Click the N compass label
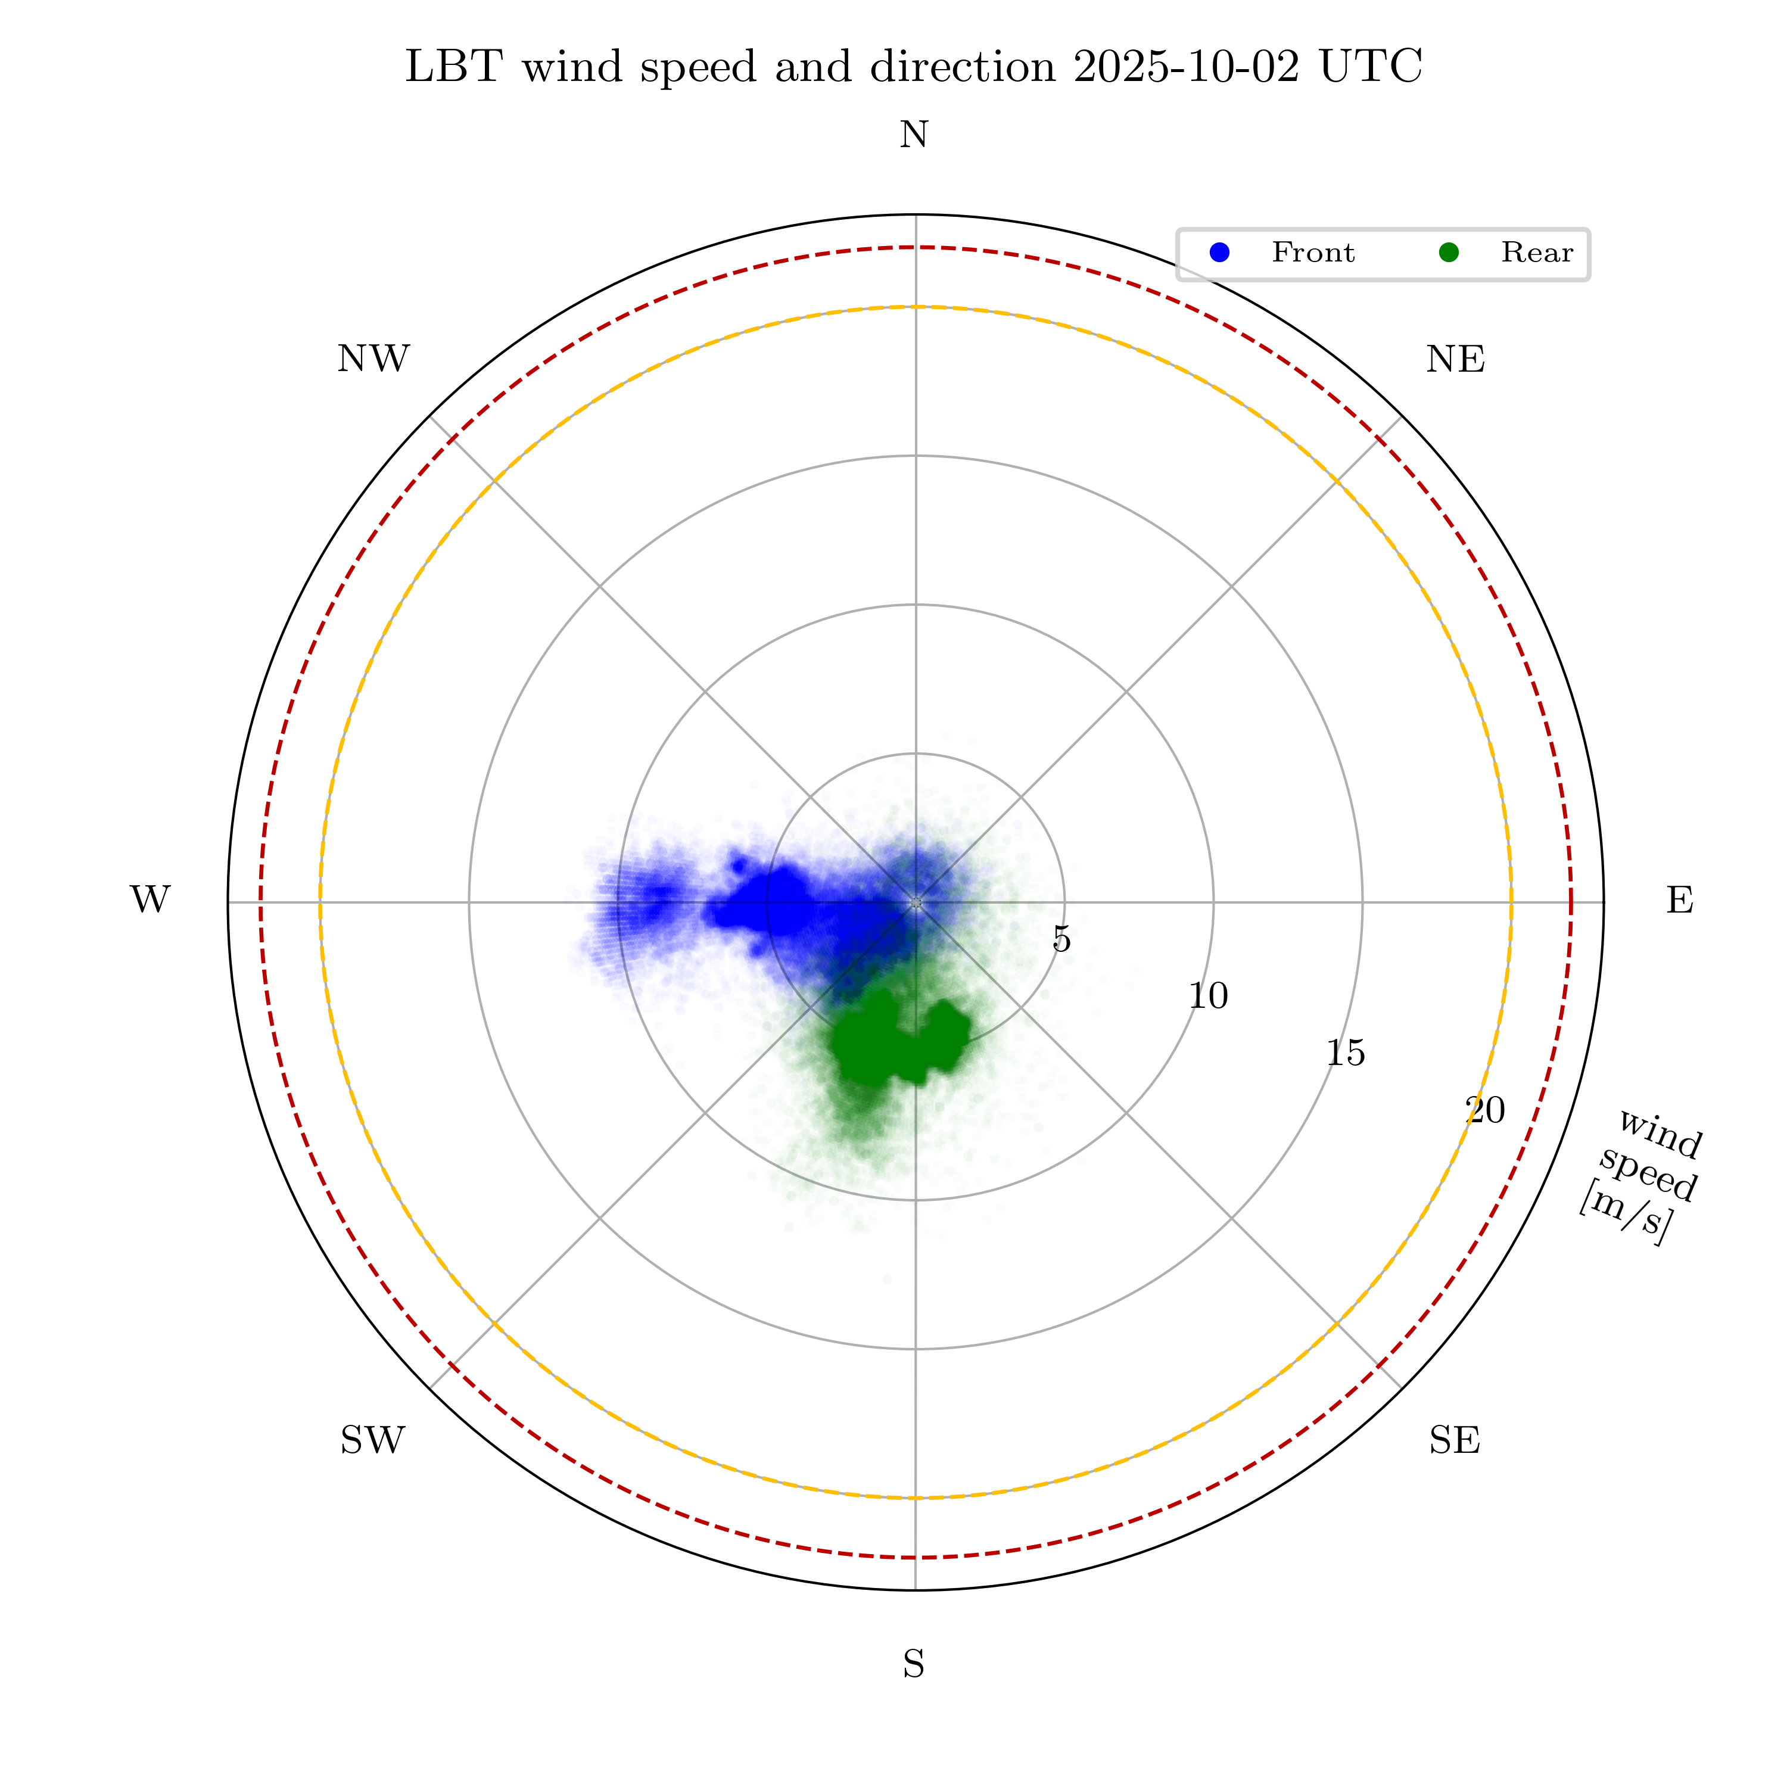click(914, 136)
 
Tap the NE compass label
click(1455, 360)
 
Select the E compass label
click(1680, 900)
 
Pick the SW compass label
click(373, 1440)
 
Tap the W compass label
click(150, 900)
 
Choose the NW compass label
click(373, 360)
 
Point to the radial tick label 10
click(1208, 996)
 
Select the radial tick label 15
click(1345, 1053)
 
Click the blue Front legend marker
click(1220, 253)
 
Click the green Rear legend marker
click(1449, 253)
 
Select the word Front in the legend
click(1312, 253)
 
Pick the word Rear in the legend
click(1536, 253)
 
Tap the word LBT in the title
click(454, 67)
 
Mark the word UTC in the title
click(1371, 67)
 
